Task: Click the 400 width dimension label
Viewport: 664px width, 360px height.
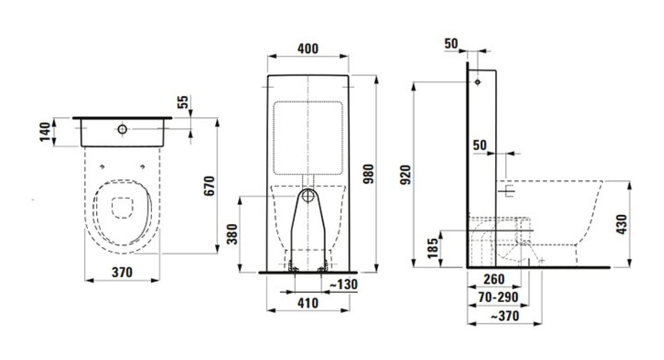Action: coord(308,49)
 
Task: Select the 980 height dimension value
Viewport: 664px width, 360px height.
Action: coord(369,174)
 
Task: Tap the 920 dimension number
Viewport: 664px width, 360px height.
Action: coord(405,175)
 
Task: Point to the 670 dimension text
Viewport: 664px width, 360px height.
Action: coord(209,186)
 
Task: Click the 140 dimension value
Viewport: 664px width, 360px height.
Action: coord(45,132)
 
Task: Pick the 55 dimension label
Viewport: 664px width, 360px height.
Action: coord(184,102)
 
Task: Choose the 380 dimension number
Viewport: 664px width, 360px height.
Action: coord(232,234)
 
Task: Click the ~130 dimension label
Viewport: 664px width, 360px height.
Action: coord(344,285)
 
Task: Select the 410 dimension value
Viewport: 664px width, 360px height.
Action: coord(308,303)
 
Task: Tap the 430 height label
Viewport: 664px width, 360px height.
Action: coord(622,224)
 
